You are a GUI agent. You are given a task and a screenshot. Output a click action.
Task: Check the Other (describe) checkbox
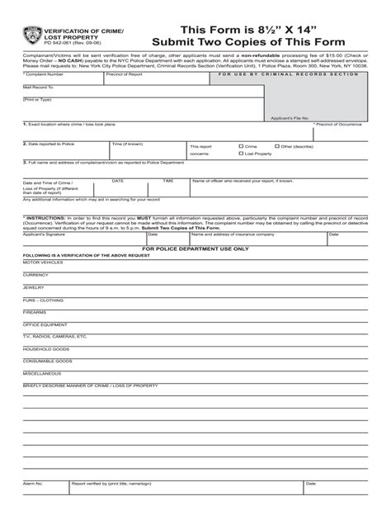[x=278, y=146]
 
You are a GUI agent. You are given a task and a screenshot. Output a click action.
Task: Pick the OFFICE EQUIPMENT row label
[x=44, y=326]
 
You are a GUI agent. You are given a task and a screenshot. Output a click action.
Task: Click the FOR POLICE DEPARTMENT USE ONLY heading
[x=195, y=248]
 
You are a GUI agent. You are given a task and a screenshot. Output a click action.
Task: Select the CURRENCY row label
[x=36, y=274]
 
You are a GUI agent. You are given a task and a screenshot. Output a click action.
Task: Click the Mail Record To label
[x=38, y=86]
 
